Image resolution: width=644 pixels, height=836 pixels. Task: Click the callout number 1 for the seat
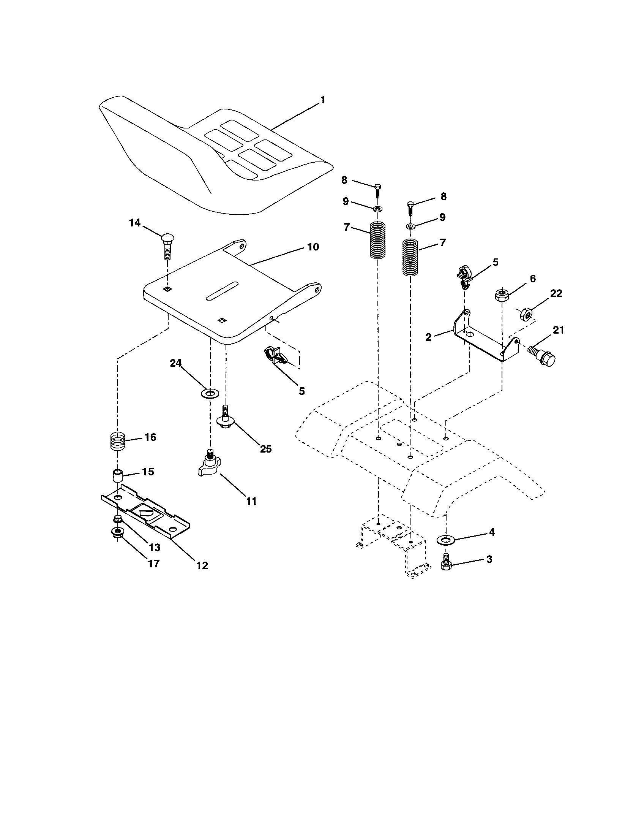click(x=323, y=100)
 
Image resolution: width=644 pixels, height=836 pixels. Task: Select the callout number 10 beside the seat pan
click(x=313, y=247)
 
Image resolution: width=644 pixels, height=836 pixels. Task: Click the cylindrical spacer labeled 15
click(x=118, y=477)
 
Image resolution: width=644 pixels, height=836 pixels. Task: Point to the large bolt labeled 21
click(x=542, y=355)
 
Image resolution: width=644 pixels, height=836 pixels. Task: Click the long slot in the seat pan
click(x=222, y=291)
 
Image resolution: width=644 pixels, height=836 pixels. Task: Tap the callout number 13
click(x=155, y=548)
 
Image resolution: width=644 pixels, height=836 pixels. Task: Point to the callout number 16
click(x=150, y=437)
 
